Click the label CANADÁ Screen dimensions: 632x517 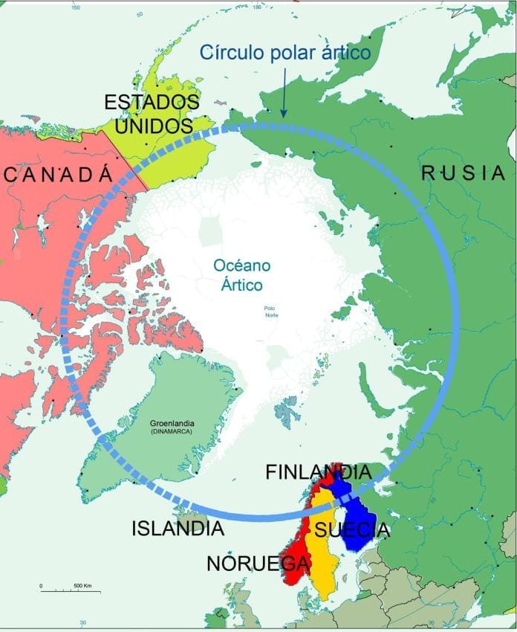[58, 175]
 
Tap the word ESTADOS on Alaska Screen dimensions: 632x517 [152, 102]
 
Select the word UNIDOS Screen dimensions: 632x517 [153, 126]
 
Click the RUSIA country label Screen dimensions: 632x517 [463, 173]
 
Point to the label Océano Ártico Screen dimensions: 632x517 [242, 274]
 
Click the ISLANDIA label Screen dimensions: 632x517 [178, 529]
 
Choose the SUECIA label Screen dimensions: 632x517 [351, 530]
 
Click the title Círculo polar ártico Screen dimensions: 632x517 [285, 53]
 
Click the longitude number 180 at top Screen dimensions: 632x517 [258, 7]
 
